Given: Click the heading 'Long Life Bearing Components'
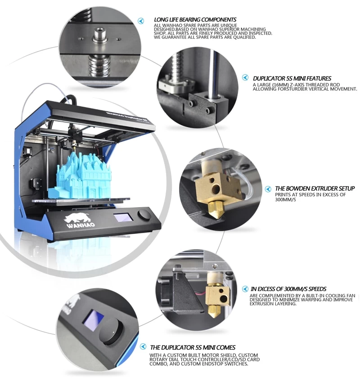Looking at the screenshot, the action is point(195,20).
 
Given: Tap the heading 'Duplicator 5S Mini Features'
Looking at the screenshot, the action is point(292,78).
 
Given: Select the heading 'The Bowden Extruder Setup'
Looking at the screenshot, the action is point(315,189).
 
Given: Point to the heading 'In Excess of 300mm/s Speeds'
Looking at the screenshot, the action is point(288,289).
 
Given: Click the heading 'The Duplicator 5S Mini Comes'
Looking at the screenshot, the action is point(193,347).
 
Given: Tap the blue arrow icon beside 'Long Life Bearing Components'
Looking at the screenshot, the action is point(141,21).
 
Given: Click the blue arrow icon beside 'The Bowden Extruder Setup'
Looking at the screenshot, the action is point(268,189).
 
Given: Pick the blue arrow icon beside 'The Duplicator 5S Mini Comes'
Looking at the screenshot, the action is point(143,346).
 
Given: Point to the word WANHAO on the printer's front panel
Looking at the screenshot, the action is point(81,225).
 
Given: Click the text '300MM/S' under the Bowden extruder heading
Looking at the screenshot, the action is point(285,200).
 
